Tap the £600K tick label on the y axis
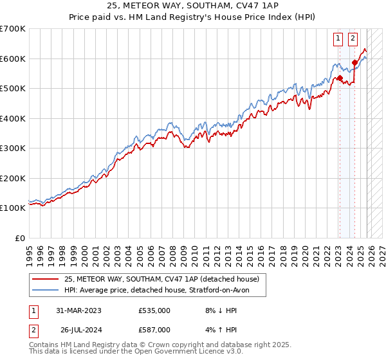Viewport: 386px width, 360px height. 12,59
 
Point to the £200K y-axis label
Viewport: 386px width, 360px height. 12,178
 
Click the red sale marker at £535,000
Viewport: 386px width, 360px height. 339,78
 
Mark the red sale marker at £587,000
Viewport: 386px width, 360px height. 354,62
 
